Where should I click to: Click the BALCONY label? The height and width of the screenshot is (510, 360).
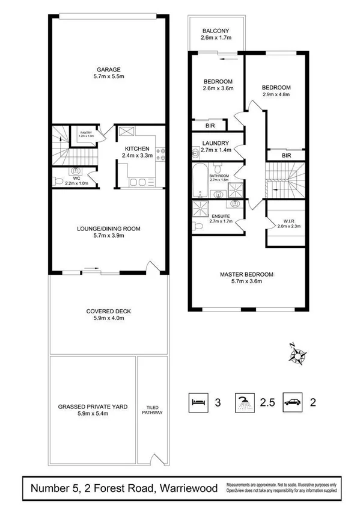tap(215, 31)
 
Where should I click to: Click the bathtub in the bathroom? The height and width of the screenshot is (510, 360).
tap(199, 179)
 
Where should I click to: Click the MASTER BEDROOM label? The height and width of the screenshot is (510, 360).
tap(246, 274)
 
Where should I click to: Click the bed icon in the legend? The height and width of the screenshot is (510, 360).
tap(198, 401)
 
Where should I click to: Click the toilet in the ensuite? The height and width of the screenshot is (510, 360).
tap(199, 226)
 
